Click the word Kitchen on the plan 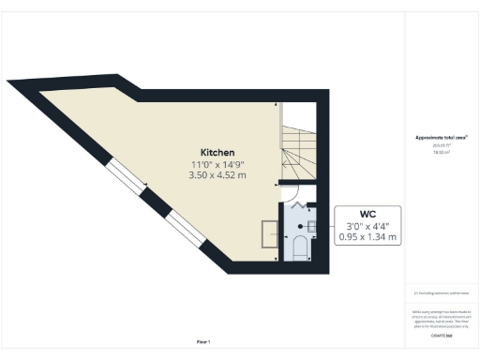pyautogui.click(x=217, y=153)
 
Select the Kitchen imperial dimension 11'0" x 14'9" pyautogui.click(x=217, y=164)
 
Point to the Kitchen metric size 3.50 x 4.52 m pyautogui.click(x=217, y=175)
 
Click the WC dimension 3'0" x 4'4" pyautogui.click(x=367, y=226)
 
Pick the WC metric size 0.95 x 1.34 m pyautogui.click(x=367, y=238)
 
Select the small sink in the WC pyautogui.click(x=311, y=226)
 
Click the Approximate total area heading pyautogui.click(x=442, y=139)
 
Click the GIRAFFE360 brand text pyautogui.click(x=442, y=335)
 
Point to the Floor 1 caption pyautogui.click(x=203, y=341)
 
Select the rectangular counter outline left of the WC pyautogui.click(x=269, y=233)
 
